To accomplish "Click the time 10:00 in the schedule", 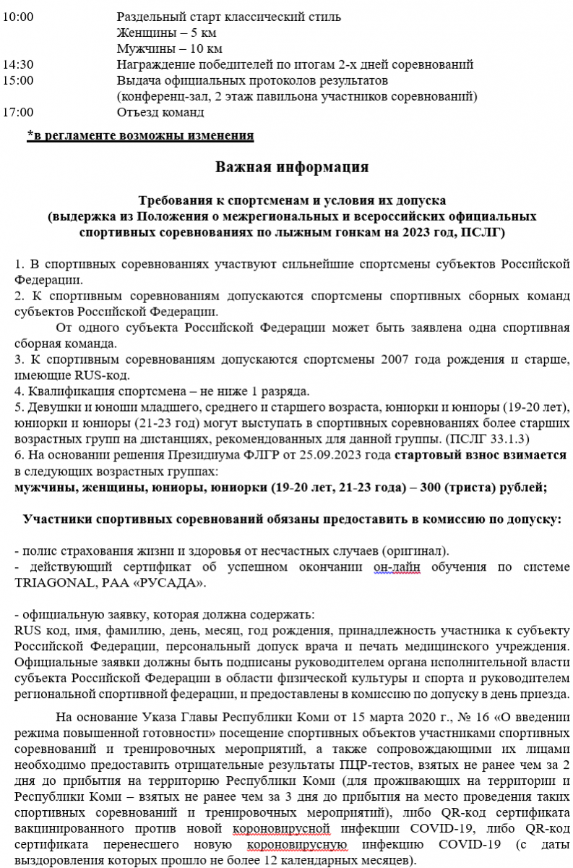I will pyautogui.click(x=18, y=17).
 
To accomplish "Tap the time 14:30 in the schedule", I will pyautogui.click(x=18, y=64).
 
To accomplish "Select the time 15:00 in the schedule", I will pyautogui.click(x=18, y=80).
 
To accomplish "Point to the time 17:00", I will pyautogui.click(x=18, y=112).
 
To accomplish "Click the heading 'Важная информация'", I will pyautogui.click(x=292, y=167).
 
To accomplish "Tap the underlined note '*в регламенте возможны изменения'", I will pyautogui.click(x=139, y=135).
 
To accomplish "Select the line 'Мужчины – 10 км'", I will pyautogui.click(x=169, y=48).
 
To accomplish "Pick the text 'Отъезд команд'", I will pyautogui.click(x=160, y=112).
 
